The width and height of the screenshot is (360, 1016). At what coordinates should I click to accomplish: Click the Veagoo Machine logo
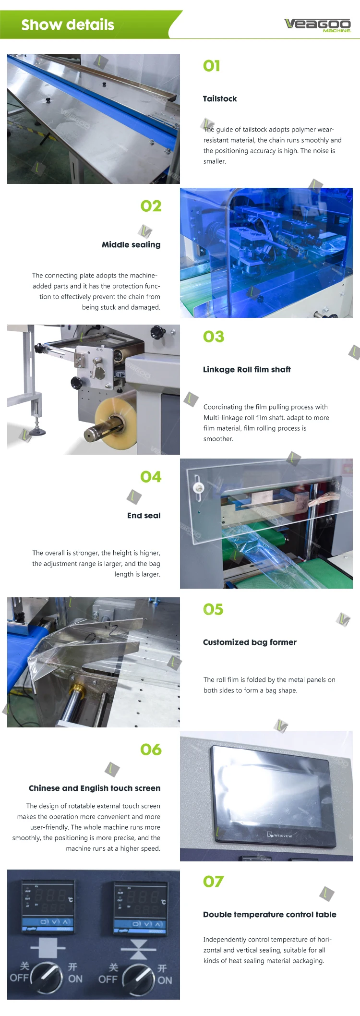(318, 24)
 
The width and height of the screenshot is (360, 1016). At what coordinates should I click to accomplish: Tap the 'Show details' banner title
(68, 24)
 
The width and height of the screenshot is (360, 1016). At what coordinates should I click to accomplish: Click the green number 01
(212, 66)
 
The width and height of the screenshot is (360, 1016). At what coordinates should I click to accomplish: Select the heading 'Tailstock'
(220, 98)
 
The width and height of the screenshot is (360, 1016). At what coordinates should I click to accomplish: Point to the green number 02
(151, 206)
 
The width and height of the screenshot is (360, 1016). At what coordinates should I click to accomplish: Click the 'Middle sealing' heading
(131, 244)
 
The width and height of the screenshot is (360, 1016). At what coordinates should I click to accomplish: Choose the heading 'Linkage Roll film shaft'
(247, 369)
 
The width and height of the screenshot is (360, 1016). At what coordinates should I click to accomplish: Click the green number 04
(151, 477)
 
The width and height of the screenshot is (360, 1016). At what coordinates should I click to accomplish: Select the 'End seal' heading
(144, 515)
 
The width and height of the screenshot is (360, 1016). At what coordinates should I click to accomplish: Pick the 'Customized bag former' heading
(250, 642)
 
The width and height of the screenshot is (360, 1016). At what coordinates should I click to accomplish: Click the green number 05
(213, 609)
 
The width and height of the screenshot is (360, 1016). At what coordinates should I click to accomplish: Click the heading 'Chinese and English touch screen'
(95, 788)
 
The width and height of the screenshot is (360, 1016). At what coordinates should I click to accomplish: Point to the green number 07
(214, 882)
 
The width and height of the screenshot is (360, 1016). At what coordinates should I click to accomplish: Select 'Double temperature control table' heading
(270, 914)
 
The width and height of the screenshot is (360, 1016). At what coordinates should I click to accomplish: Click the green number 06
(151, 750)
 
